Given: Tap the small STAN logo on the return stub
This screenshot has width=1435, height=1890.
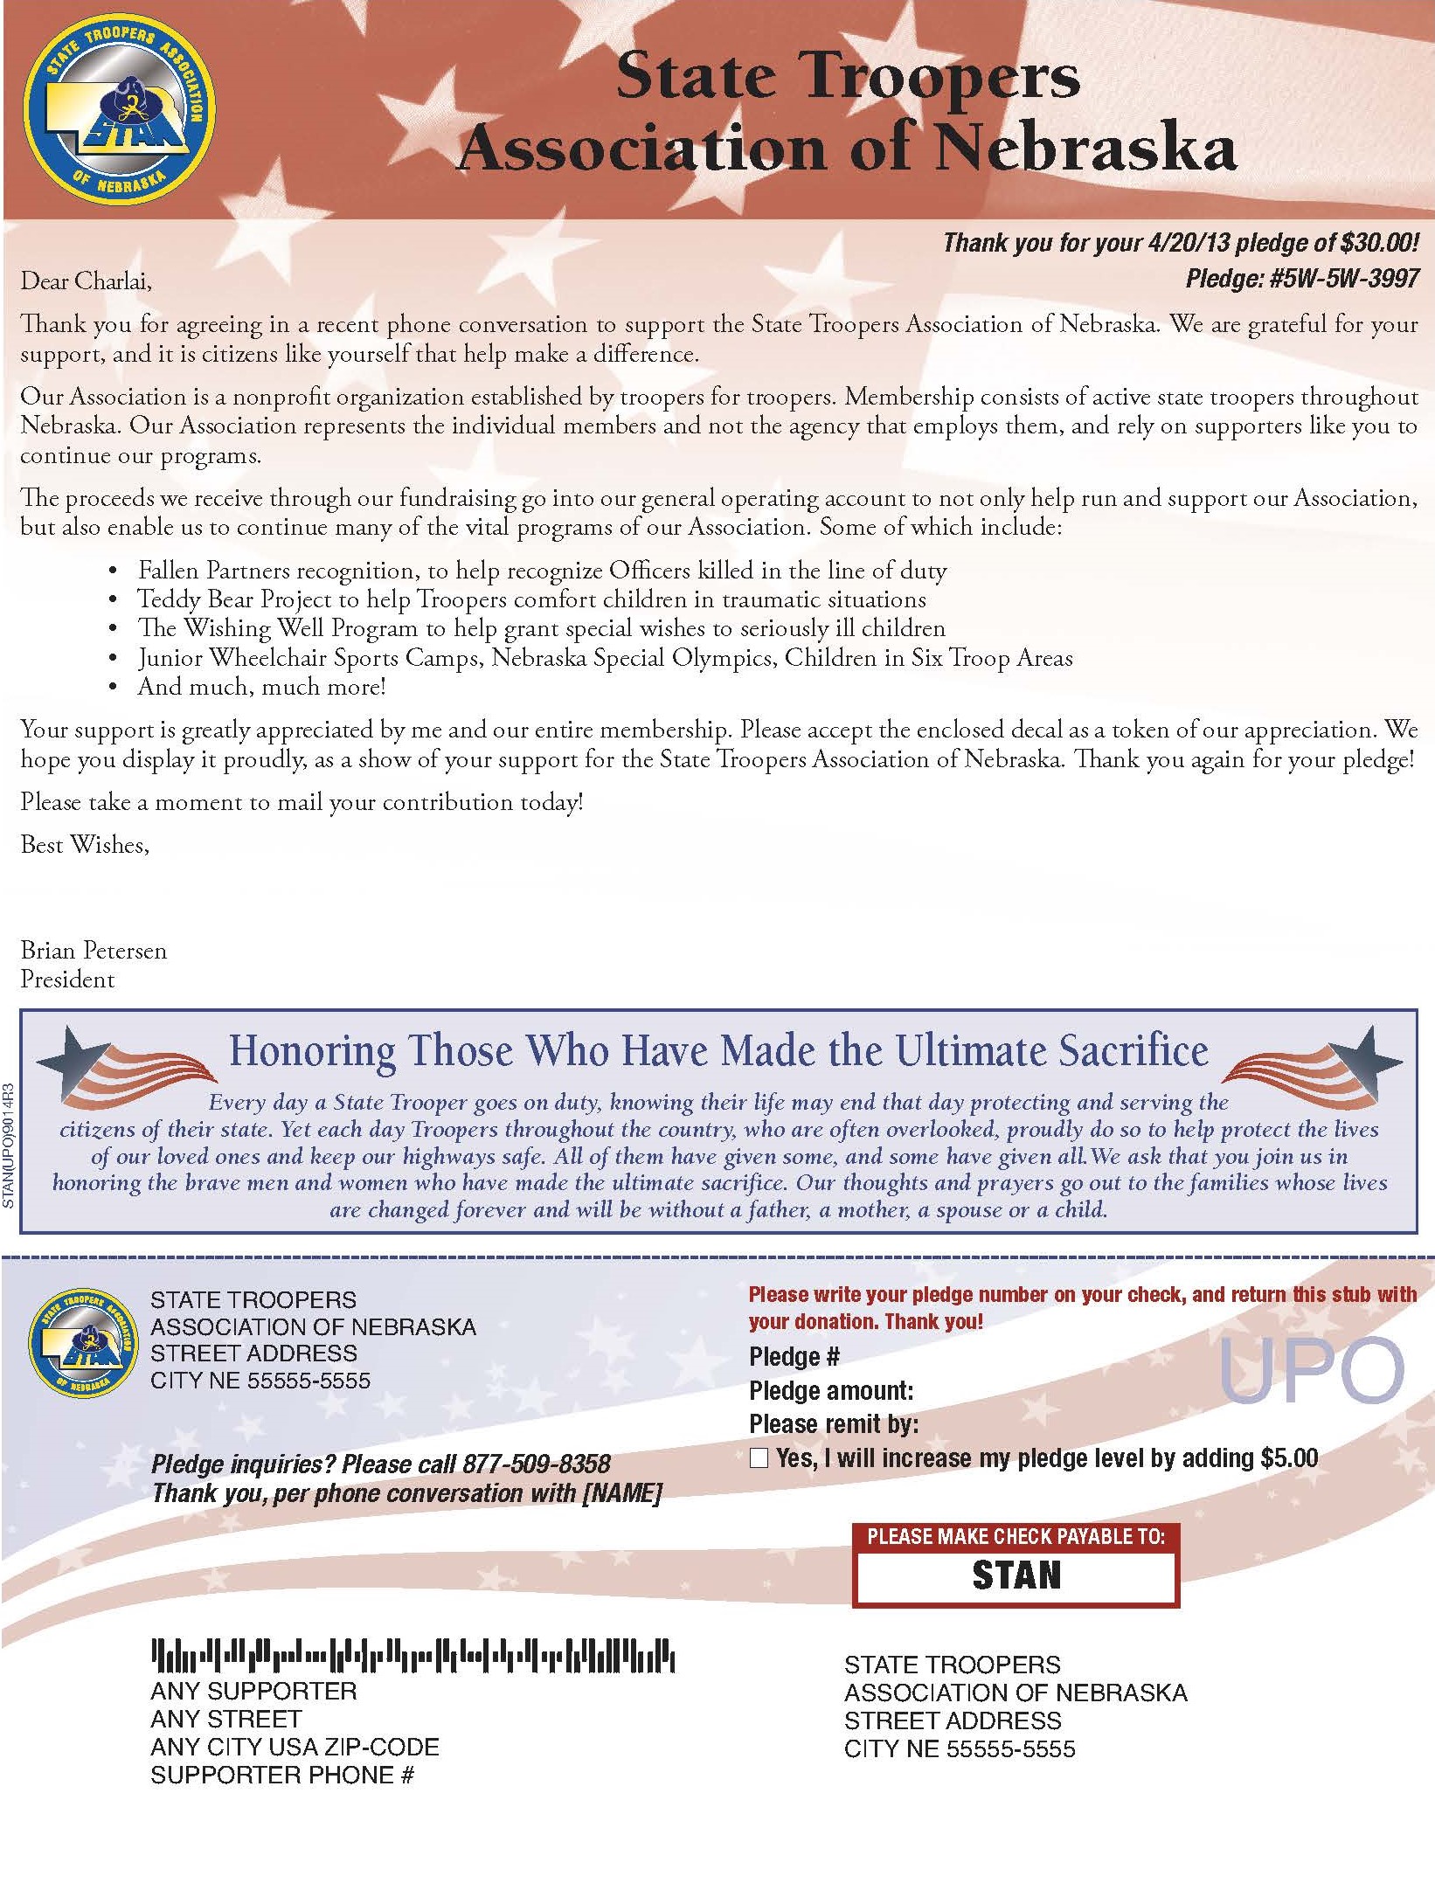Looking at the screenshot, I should point(83,1343).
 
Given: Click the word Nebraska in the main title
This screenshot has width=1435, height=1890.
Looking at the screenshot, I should point(1085,149).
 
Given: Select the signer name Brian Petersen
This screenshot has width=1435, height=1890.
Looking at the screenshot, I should point(94,951).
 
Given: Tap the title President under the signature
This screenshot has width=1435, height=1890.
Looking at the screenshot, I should point(67,980).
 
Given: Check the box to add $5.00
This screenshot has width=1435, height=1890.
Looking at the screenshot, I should point(759,1457).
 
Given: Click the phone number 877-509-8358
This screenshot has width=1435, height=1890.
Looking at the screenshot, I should point(537,1464).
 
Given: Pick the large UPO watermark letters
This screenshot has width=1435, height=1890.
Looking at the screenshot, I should point(1310,1371).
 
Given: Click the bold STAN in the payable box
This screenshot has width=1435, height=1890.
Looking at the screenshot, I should point(1016,1575).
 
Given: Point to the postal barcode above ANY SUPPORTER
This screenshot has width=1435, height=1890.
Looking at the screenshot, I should point(412,1655).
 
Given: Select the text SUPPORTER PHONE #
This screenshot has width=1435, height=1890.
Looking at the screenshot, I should point(281,1775).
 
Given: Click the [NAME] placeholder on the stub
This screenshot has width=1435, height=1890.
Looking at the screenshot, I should point(621,1492).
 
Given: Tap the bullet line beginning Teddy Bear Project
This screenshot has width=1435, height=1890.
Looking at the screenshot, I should point(531,599).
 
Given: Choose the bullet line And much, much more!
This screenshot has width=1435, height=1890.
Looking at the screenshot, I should point(261,687).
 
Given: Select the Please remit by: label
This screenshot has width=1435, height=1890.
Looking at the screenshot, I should point(833,1424).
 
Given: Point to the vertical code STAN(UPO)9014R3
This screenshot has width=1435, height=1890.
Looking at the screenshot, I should point(9,1146).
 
